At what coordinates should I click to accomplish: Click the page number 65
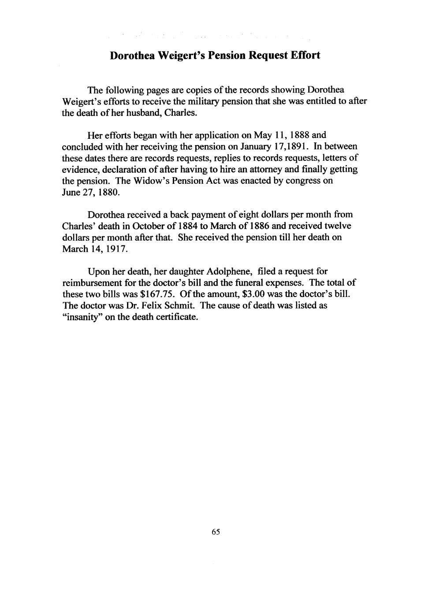(216, 532)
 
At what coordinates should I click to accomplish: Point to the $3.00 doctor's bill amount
(253, 294)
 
